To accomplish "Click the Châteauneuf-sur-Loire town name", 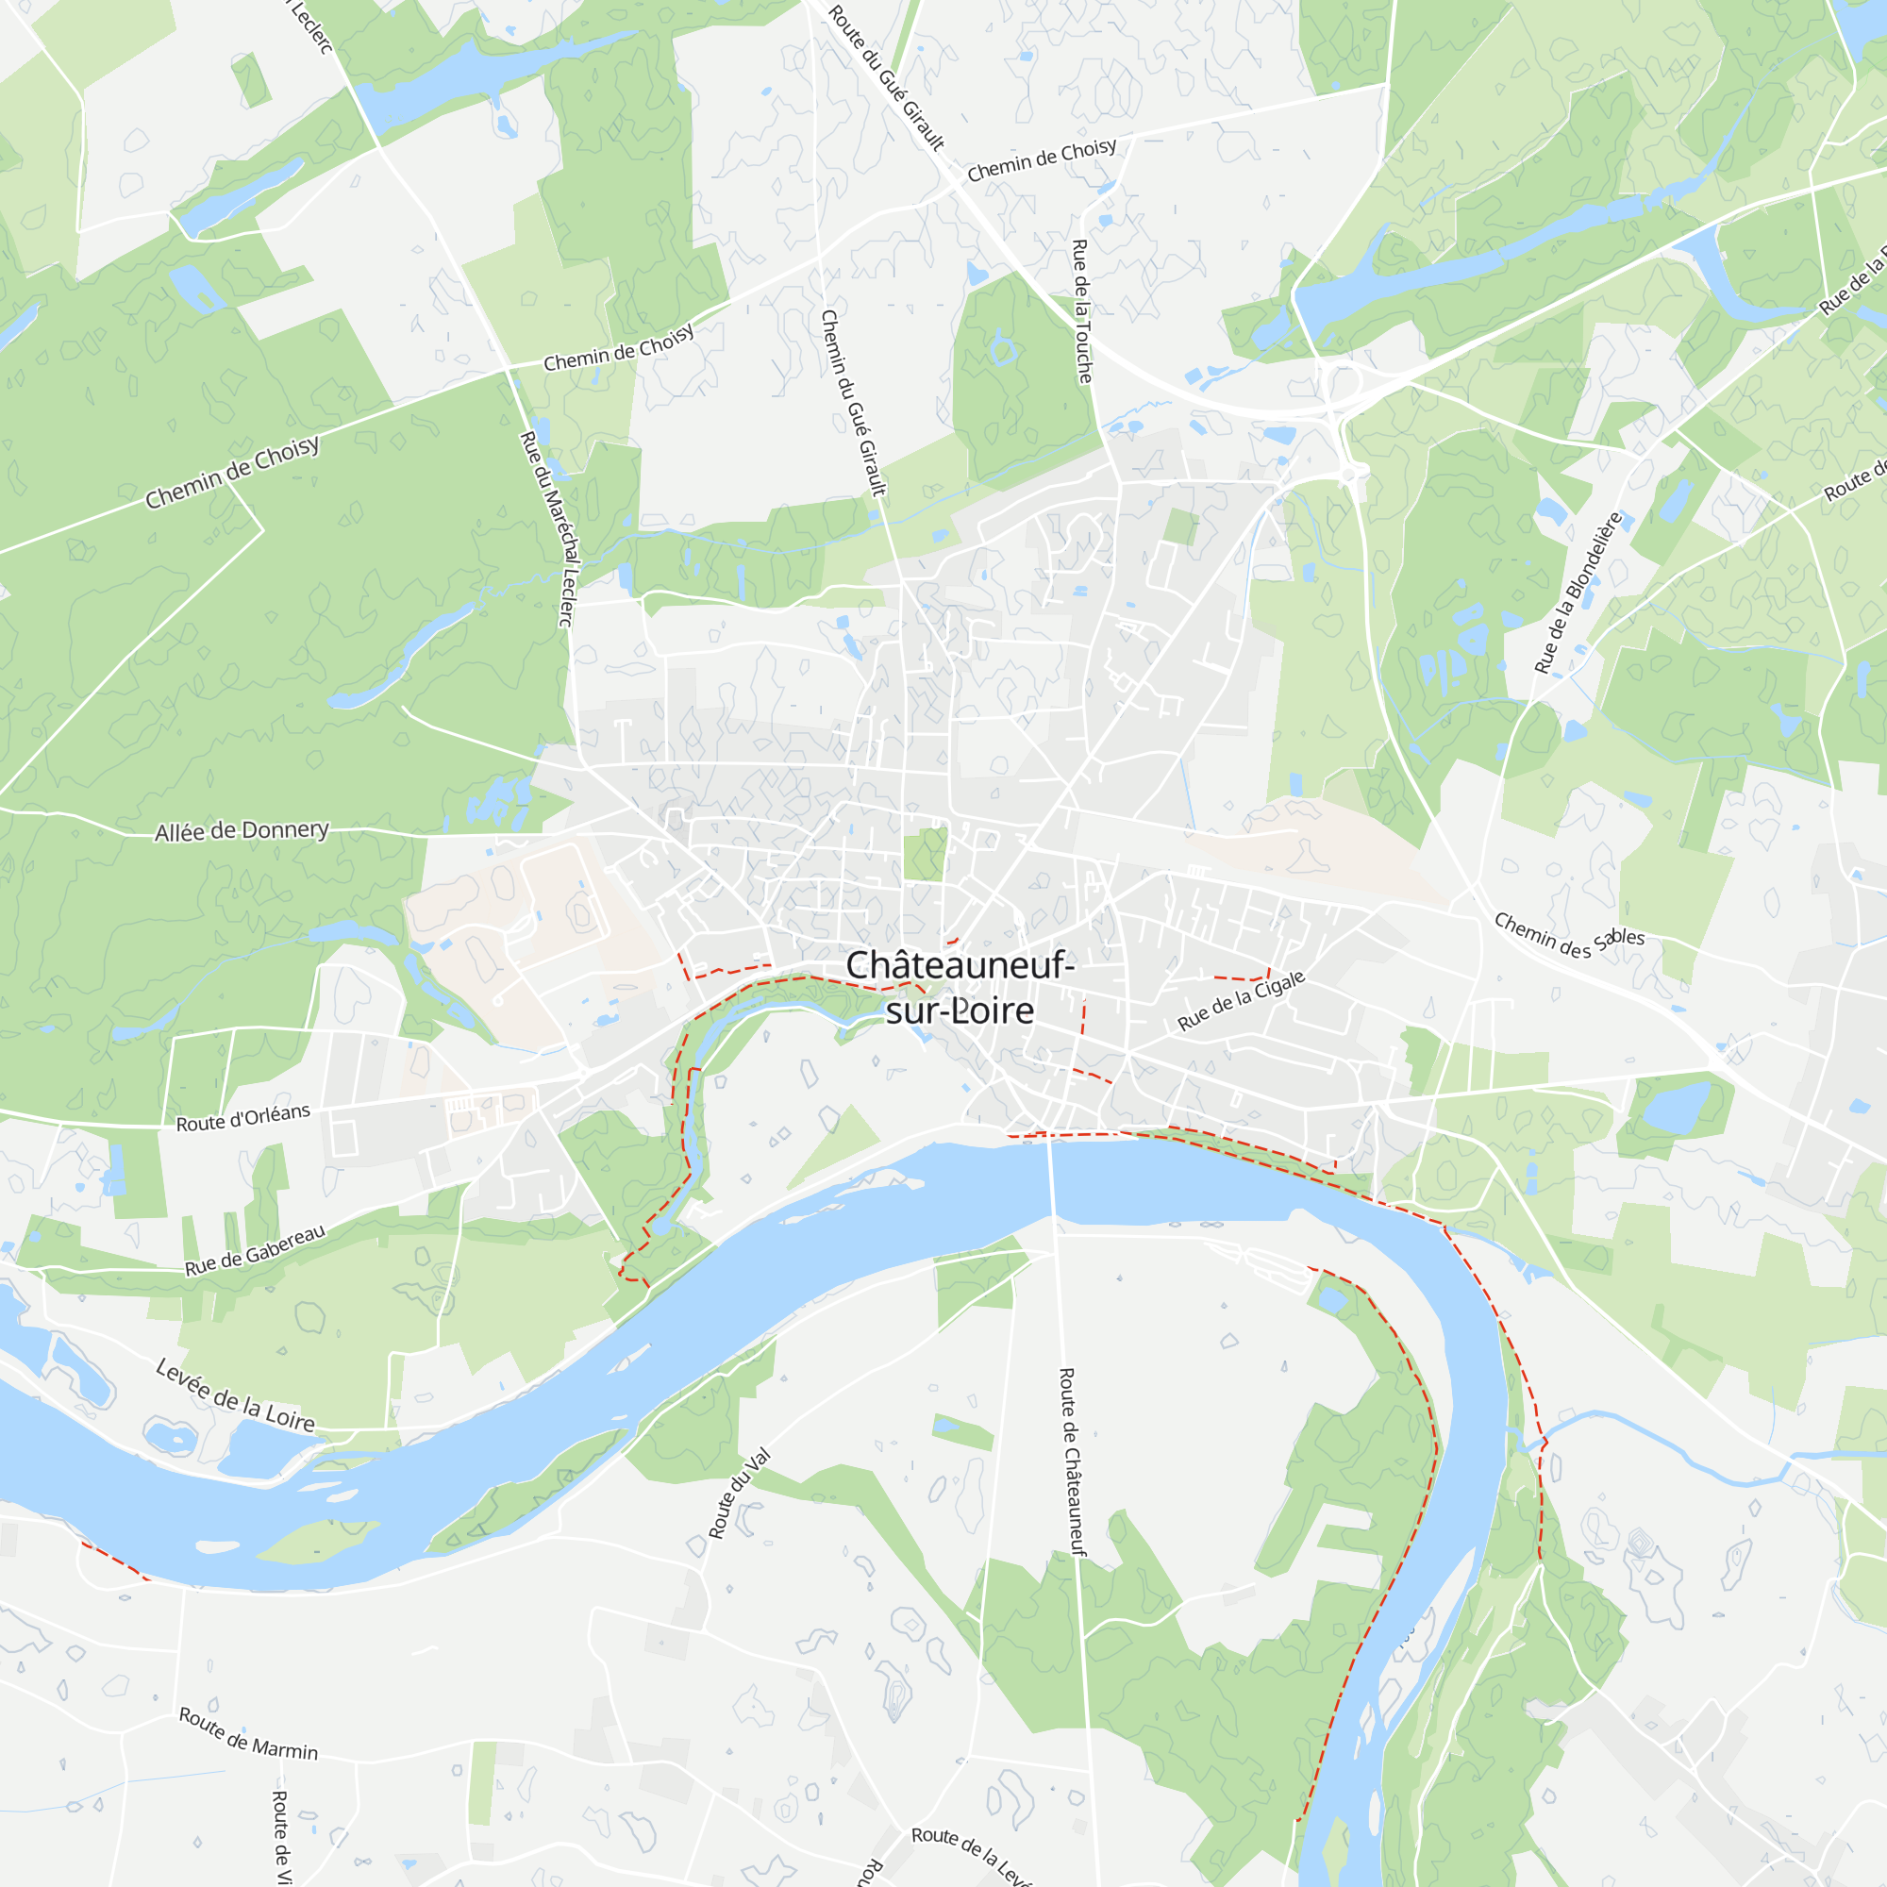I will pos(960,988).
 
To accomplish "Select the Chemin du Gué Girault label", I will pos(853,404).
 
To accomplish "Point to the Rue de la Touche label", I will pos(1082,310).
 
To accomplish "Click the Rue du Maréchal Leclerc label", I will pos(548,528).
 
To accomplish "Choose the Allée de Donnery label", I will pos(242,830).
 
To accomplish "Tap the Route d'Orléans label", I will pos(243,1117).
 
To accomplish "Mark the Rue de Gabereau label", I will pos(255,1249).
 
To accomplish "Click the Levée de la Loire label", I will pos(235,1395).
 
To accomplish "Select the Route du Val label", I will pos(740,1494).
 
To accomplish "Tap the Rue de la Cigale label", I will pos(1241,1001).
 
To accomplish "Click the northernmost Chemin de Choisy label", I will pos(1042,160).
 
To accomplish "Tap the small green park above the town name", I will pos(924,855).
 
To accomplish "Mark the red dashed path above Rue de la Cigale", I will pos(1241,977).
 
